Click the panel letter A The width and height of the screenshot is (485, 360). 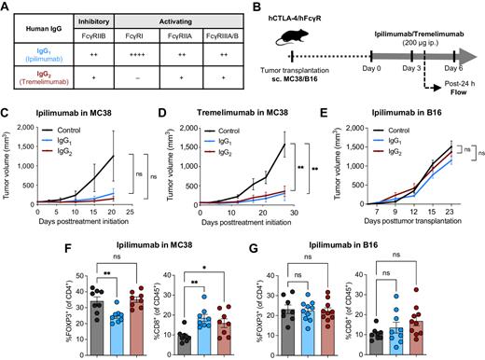7,8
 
